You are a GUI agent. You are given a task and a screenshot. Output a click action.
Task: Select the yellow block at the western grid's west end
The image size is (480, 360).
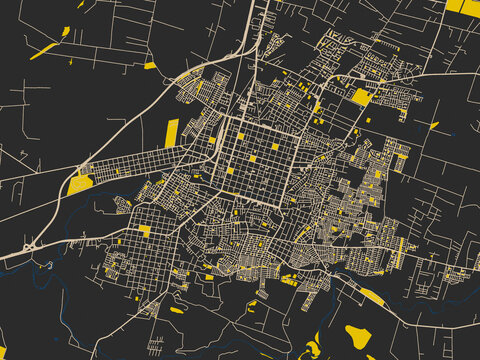click(80, 183)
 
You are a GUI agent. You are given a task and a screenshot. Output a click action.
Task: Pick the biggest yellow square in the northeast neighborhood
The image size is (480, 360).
click(360, 97)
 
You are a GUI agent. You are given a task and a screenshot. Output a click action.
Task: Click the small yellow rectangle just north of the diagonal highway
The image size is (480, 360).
click(149, 66)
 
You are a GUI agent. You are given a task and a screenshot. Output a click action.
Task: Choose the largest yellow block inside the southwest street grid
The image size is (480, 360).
click(145, 231)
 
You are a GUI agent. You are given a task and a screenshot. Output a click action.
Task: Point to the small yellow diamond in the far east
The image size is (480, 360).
click(434, 126)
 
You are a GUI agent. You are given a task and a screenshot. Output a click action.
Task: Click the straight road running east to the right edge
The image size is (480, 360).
click(450, 75)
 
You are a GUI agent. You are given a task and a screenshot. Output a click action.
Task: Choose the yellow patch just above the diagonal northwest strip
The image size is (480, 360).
click(66, 32)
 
